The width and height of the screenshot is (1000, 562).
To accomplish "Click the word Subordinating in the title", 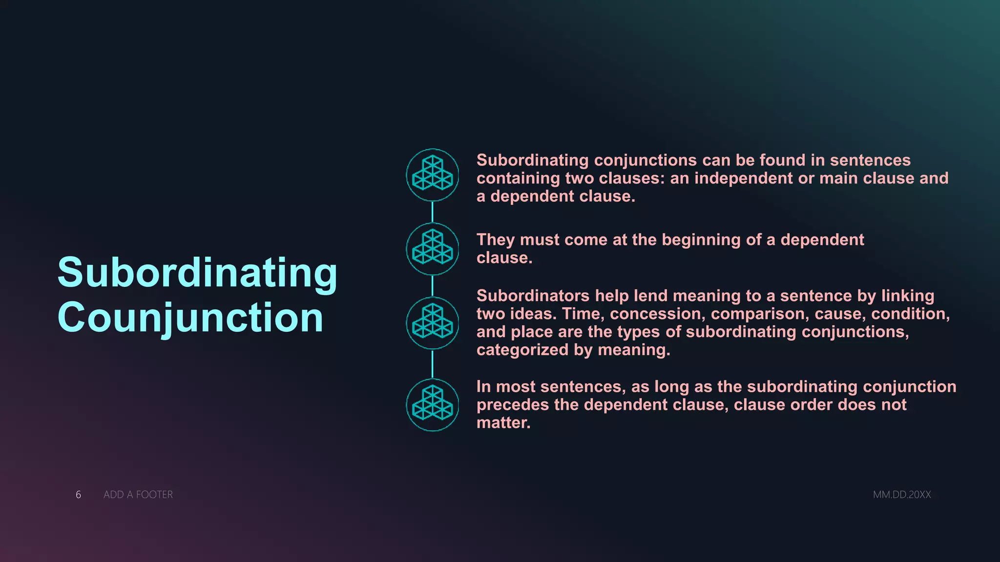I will click(197, 273).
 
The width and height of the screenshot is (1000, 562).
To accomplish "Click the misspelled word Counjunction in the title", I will click(190, 318).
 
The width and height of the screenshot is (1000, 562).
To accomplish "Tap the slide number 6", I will click(78, 495).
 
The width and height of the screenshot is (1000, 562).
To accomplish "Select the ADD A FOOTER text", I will click(138, 495).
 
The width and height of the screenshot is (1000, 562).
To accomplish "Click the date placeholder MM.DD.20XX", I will click(902, 495).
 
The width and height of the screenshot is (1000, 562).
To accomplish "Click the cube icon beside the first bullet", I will click(433, 175).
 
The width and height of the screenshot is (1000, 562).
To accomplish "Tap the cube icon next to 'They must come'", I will click(433, 249).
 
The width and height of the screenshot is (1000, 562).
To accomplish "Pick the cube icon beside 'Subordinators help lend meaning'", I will click(433, 323).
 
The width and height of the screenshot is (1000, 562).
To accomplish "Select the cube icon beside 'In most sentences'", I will click(433, 405).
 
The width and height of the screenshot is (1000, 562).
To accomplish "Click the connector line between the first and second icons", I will click(433, 212).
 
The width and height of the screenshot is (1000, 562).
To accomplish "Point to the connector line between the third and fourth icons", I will click(433, 364).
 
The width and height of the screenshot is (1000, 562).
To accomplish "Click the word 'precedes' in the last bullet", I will click(513, 405).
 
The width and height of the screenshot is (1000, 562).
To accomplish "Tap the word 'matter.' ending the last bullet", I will click(503, 423).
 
